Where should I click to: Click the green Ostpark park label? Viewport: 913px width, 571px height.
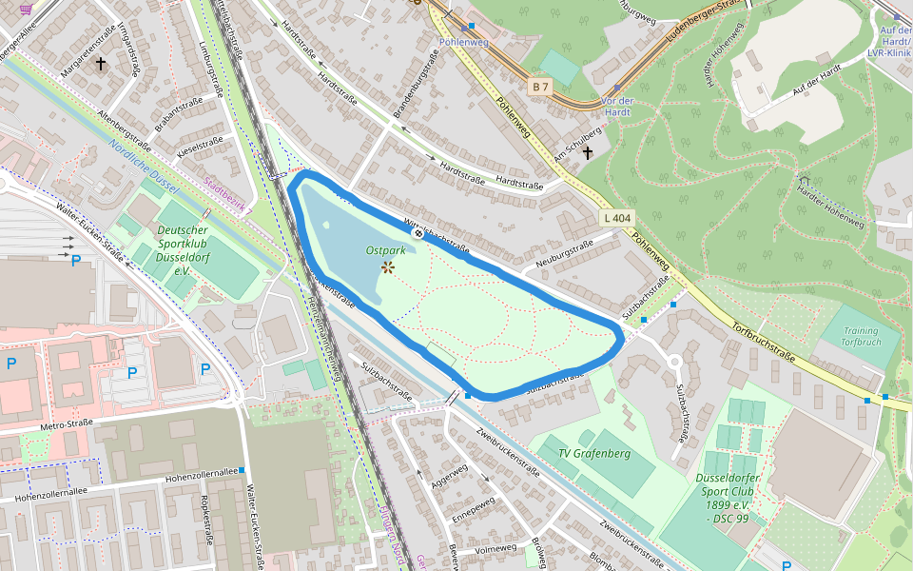click(385, 250)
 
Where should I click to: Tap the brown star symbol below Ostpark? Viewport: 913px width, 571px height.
click(388, 267)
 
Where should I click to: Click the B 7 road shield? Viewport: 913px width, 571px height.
click(541, 88)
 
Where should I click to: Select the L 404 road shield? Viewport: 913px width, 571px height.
click(617, 218)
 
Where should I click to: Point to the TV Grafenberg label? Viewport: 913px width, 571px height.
click(594, 453)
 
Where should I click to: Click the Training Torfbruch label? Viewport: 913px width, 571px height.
click(862, 336)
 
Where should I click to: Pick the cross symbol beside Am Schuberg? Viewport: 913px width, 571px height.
click(588, 152)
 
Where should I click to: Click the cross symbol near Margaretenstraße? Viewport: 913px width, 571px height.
click(100, 64)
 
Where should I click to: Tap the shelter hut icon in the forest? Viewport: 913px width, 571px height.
click(804, 181)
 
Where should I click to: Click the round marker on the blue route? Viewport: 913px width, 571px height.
click(418, 232)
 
